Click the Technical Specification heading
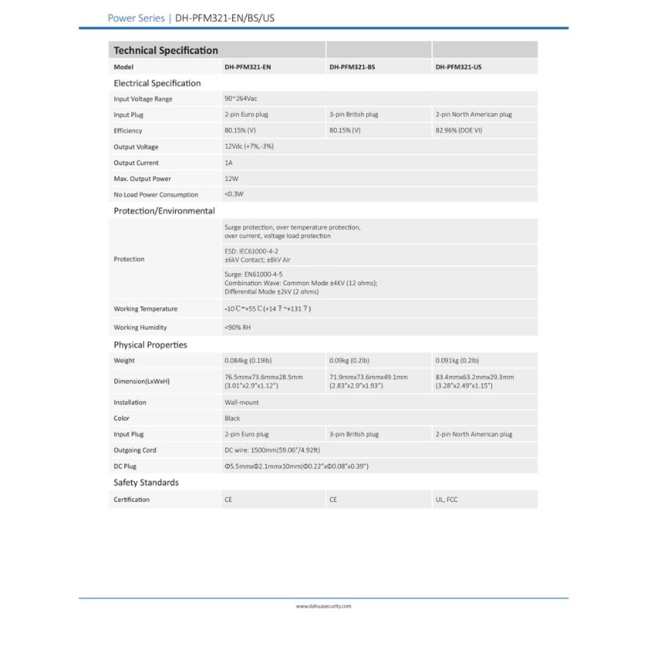tap(165, 51)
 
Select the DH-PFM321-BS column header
tap(352, 67)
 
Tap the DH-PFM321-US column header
tap(458, 67)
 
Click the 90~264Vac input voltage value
tap(241, 99)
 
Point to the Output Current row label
tap(136, 163)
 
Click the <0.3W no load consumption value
tap(234, 194)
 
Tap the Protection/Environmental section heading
tap(164, 211)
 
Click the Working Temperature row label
tap(146, 309)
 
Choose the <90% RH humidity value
tap(237, 328)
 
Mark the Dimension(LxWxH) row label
tap(142, 381)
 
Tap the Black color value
tap(232, 419)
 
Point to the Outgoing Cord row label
tap(135, 450)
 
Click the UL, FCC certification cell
tap(447, 500)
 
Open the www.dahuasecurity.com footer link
tap(323, 607)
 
